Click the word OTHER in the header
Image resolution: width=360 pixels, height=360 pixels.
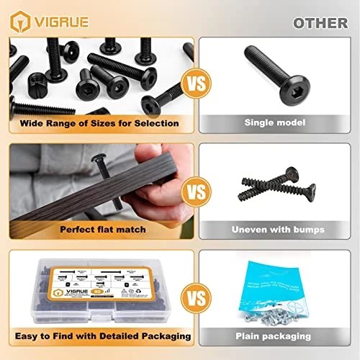pyautogui.click(x=320, y=22)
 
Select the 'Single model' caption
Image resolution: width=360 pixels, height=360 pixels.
pyautogui.click(x=276, y=123)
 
